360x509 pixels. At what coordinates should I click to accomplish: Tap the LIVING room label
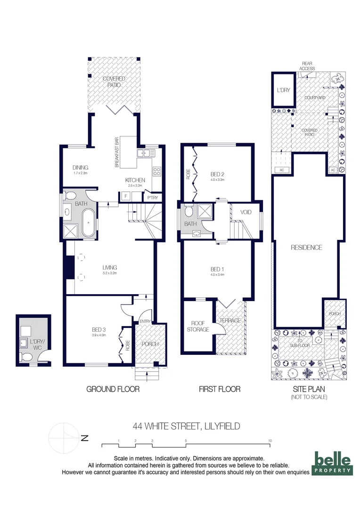pyautogui.click(x=110, y=268)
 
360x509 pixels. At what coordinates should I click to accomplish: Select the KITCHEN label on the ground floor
pyautogui.click(x=135, y=180)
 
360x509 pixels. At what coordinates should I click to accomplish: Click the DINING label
pyautogui.click(x=81, y=168)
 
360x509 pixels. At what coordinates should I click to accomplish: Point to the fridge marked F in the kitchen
pyautogui.click(x=126, y=196)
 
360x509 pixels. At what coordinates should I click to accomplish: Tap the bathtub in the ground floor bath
pyautogui.click(x=89, y=223)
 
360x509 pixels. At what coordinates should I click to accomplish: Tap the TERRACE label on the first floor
pyautogui.click(x=230, y=320)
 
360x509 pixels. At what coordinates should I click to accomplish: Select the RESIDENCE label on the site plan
pyautogui.click(x=306, y=247)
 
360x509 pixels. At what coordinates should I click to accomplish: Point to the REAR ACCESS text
pyautogui.click(x=307, y=66)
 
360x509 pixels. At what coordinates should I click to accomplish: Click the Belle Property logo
pyautogui.click(x=333, y=464)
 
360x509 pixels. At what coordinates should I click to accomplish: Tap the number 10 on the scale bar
pyautogui.click(x=270, y=441)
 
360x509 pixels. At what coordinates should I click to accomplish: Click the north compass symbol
pyautogui.click(x=65, y=437)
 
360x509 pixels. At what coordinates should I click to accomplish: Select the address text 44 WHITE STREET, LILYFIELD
pyautogui.click(x=186, y=426)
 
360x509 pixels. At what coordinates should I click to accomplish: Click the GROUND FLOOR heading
pyautogui.click(x=113, y=389)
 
